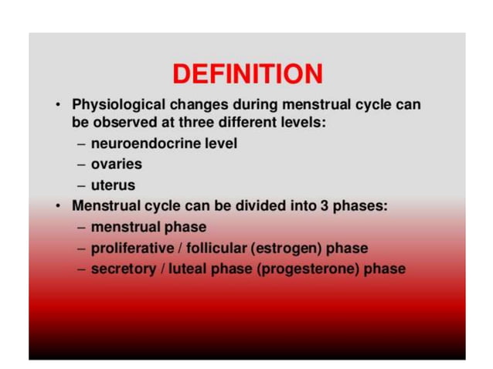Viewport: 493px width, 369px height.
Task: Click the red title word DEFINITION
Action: (247, 74)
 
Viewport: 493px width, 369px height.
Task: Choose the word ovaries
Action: (116, 164)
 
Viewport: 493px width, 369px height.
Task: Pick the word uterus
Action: (113, 185)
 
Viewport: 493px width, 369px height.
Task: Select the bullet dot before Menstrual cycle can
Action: (59, 207)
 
